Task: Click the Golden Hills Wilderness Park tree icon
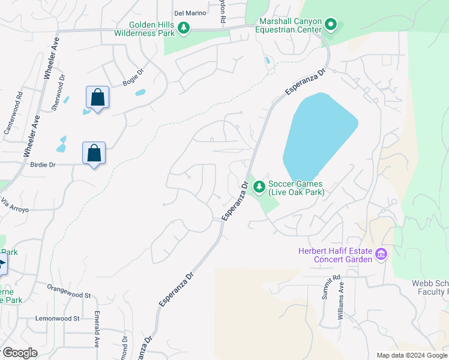pyautogui.click(x=184, y=28)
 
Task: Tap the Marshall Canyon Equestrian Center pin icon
pyautogui.click(x=331, y=25)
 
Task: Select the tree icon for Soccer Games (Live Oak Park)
pyautogui.click(x=259, y=188)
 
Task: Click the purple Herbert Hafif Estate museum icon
pyautogui.click(x=380, y=255)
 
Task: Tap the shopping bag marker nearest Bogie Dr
pyautogui.click(x=97, y=97)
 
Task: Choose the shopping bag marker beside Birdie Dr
pyautogui.click(x=94, y=153)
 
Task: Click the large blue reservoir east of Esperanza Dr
pyautogui.click(x=318, y=138)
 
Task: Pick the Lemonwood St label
pyautogui.click(x=57, y=318)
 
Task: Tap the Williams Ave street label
pyautogui.click(x=341, y=304)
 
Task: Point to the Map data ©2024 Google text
pyautogui.click(x=411, y=355)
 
